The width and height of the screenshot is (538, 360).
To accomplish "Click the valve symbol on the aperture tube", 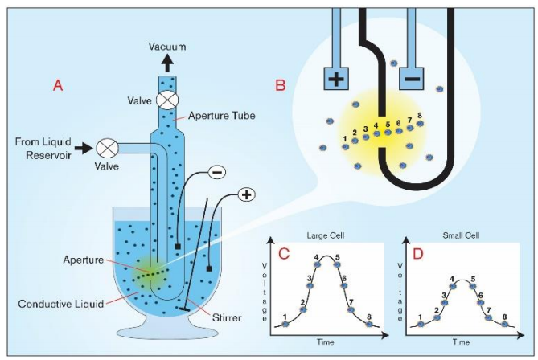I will coord(167,100).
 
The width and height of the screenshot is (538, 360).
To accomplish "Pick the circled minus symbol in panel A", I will coord(217,172).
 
